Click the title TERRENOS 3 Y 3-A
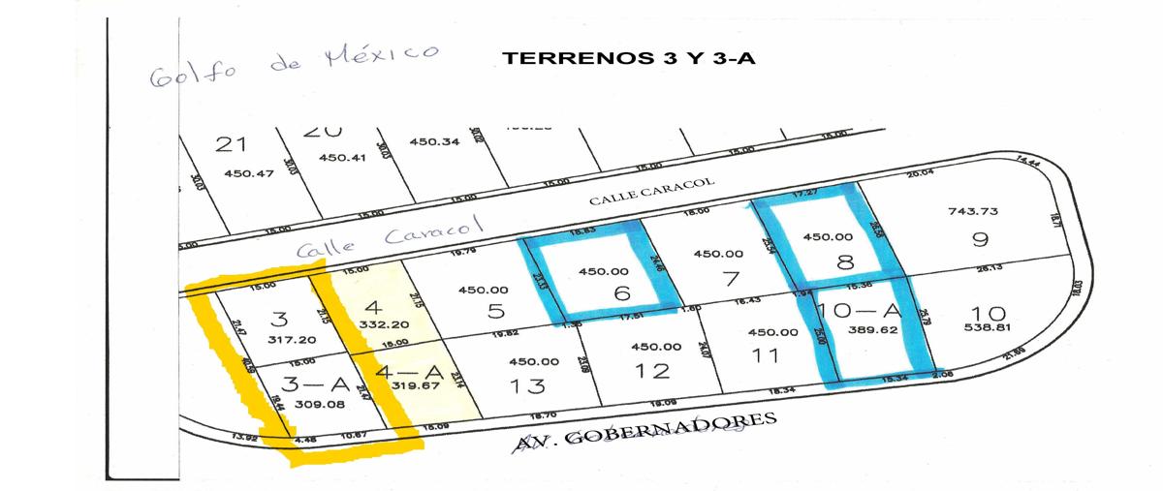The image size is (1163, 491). (629, 57)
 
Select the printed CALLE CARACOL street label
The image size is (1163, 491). (652, 193)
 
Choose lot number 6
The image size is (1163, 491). (620, 292)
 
